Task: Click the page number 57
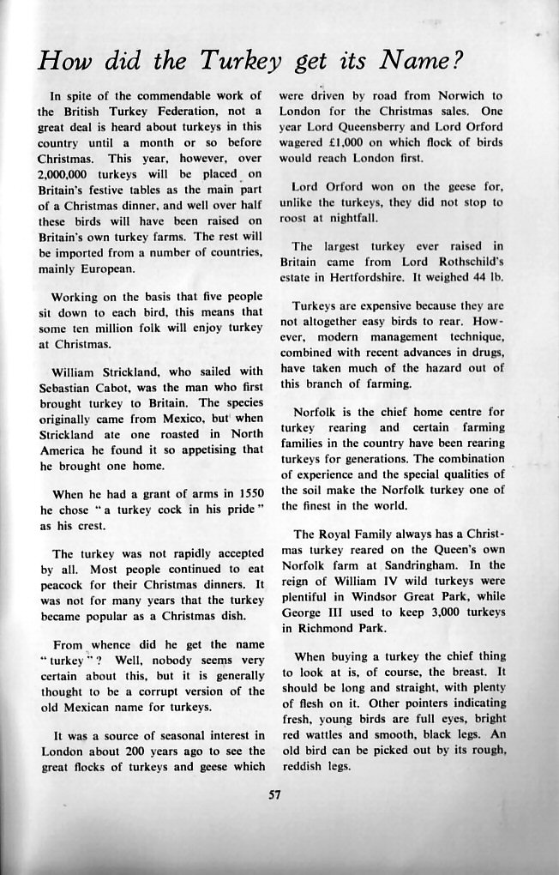coord(275,794)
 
